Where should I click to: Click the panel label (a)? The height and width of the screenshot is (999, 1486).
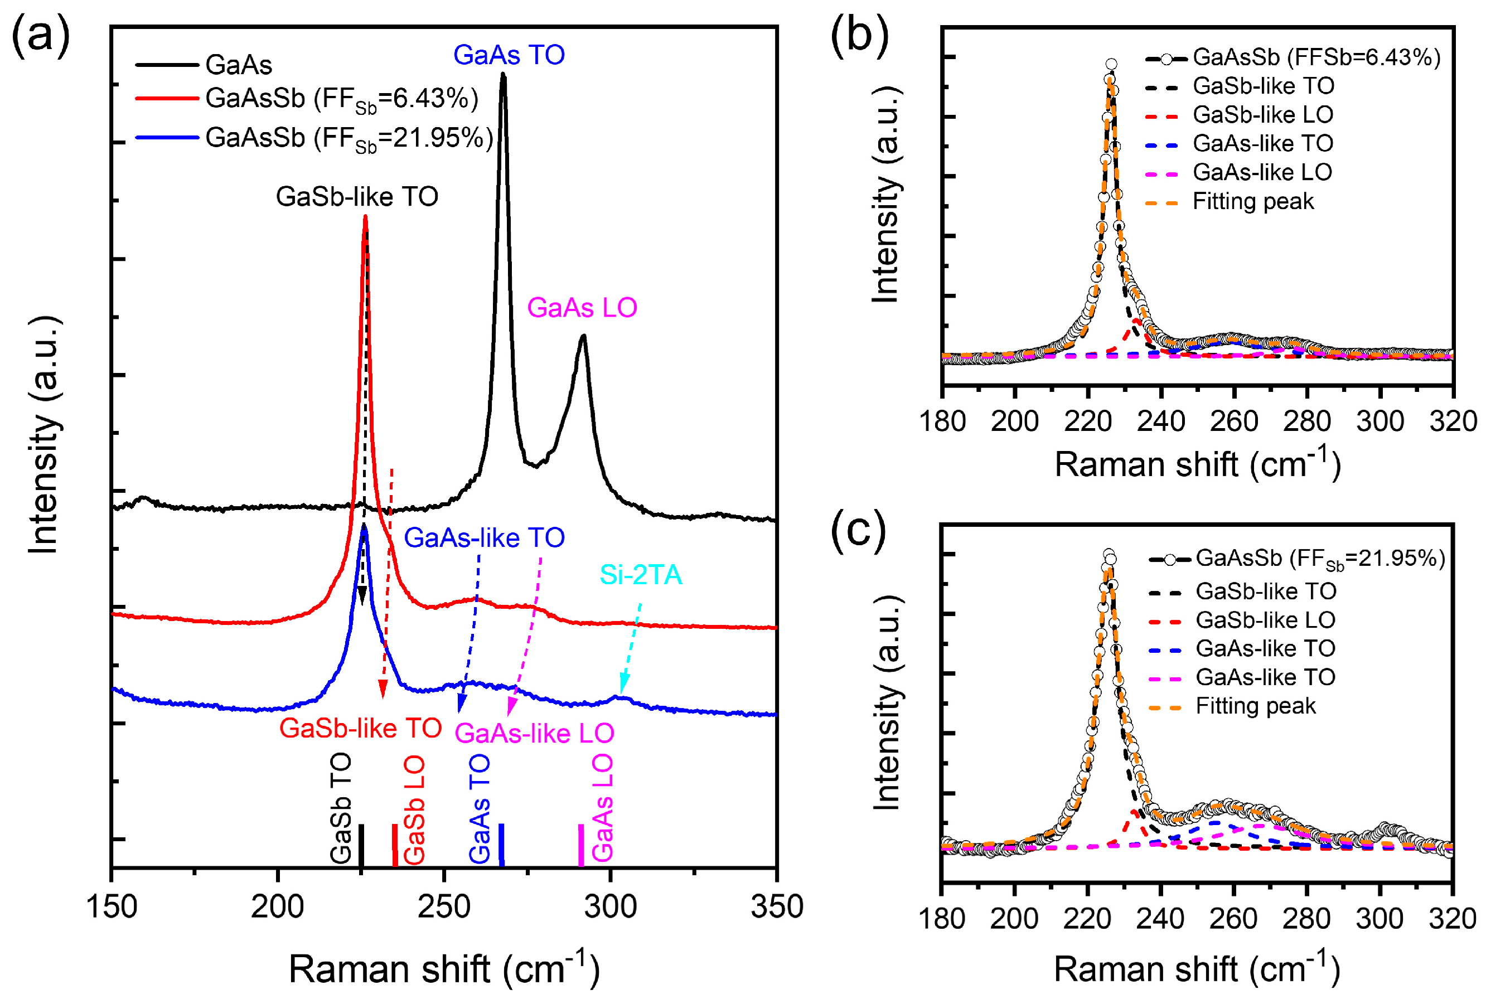41,36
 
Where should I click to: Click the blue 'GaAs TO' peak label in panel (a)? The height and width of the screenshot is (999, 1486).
509,55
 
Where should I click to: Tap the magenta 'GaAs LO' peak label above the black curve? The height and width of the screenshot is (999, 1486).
582,308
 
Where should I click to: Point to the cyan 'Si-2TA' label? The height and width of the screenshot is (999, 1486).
641,575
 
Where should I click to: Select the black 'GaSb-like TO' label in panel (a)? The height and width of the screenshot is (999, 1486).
357,197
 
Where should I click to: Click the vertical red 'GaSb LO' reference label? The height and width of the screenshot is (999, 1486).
414,809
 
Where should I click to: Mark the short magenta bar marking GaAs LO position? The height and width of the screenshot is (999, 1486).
580,845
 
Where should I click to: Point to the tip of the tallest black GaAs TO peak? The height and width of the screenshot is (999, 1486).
503,75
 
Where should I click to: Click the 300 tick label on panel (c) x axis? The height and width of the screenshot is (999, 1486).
1379,919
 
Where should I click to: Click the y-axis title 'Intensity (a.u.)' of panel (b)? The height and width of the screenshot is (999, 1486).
885,195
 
